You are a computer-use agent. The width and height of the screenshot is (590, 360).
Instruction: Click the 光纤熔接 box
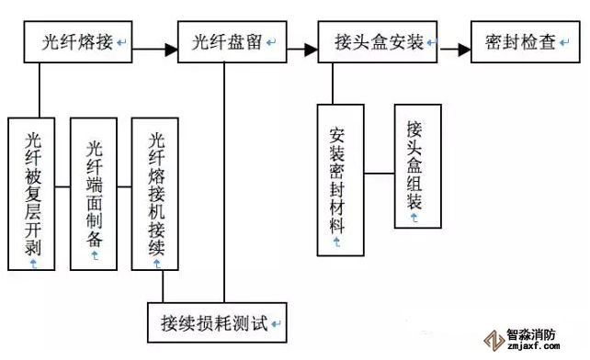tap(78, 41)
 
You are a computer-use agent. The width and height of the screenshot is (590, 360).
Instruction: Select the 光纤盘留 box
tap(233, 41)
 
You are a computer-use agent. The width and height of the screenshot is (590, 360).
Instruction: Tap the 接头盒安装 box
tap(378, 41)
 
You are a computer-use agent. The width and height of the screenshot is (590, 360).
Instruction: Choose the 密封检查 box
tap(526, 41)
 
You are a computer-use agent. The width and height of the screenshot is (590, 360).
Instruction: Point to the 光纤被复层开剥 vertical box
tap(31, 194)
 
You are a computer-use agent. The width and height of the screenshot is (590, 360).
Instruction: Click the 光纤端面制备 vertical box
tap(94, 194)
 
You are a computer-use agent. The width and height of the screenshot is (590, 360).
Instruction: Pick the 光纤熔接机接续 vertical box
tap(155, 194)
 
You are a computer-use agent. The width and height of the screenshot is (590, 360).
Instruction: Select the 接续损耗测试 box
tap(217, 322)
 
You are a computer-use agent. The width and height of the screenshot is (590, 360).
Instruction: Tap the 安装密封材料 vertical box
tap(341, 180)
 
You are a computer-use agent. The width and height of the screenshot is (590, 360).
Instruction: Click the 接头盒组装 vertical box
tap(417, 166)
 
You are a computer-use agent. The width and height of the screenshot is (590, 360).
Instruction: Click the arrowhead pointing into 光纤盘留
tap(171, 50)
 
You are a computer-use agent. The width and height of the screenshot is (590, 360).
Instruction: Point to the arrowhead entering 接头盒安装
tap(312, 50)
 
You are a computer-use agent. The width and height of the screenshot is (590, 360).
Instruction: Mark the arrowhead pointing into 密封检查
tap(464, 50)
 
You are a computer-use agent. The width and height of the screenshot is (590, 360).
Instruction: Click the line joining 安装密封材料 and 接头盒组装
tap(380, 174)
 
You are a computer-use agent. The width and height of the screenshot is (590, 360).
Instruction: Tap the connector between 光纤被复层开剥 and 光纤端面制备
tap(62, 186)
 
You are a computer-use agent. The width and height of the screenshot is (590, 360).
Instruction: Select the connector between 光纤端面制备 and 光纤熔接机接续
tap(125, 186)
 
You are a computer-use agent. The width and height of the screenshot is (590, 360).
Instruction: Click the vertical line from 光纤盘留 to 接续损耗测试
tap(224, 183)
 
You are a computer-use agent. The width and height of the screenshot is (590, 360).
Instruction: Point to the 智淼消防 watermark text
tap(531, 334)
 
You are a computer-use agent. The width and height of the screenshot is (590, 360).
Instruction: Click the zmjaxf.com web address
tap(534, 346)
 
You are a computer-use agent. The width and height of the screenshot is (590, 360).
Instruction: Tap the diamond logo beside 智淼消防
tap(494, 341)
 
